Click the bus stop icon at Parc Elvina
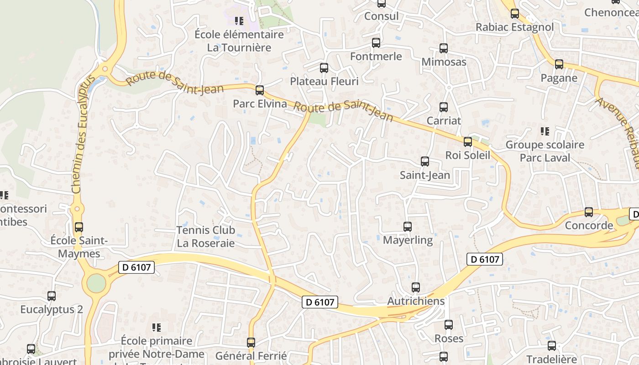coord(260,90)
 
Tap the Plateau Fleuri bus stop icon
coord(324,68)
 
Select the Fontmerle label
coord(376,56)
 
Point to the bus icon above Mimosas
coord(444,48)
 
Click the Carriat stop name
coord(444,121)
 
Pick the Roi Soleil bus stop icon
coord(468,142)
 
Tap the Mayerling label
coord(408,240)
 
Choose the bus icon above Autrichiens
coord(416,287)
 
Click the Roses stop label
coord(449,339)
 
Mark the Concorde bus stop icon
coord(589,212)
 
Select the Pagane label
coord(559,78)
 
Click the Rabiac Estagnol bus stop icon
coord(515,14)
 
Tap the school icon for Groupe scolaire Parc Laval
coord(545,131)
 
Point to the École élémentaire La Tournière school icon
coord(239,21)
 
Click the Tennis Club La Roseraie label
coord(205,237)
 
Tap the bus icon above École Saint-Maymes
coord(79,227)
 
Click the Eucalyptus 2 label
coord(52,309)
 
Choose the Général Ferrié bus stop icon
coord(251,342)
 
